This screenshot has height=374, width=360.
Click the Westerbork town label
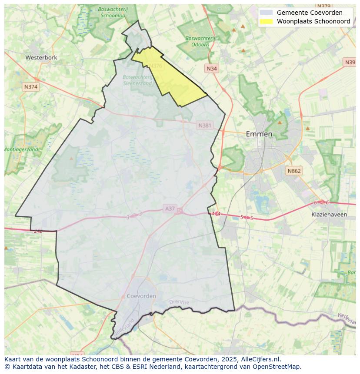tap(41, 57)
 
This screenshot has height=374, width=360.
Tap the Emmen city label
tap(259, 134)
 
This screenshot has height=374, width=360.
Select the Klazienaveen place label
tap(329, 215)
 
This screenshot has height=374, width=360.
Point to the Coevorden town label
tap(141, 296)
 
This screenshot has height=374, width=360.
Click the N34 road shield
tap(212, 69)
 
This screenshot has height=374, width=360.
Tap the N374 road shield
tap(31, 87)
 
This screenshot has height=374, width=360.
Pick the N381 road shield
tap(205, 126)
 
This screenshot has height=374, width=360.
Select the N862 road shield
tap(294, 171)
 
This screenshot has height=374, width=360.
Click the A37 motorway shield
tap(170, 209)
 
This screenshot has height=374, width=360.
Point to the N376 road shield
tap(155, 66)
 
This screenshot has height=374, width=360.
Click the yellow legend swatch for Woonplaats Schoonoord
tap(266, 21)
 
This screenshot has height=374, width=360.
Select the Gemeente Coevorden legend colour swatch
tap(266, 13)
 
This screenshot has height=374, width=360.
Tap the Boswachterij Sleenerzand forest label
tap(137, 80)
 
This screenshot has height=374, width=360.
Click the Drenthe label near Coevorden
tap(179, 302)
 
